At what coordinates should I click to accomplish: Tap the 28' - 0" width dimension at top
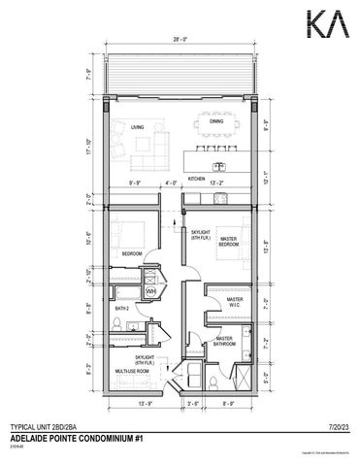[x=180, y=42]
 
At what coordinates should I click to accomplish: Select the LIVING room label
[x=138, y=126]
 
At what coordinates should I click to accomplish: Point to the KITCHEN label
[x=196, y=180]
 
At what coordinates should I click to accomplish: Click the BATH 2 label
[x=121, y=309]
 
